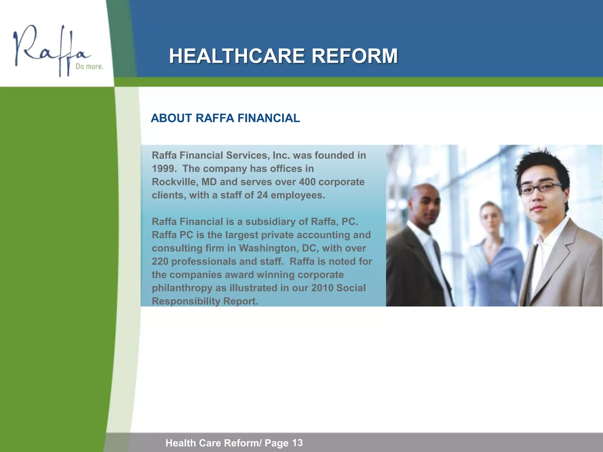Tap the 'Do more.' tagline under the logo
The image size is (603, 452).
click(x=90, y=67)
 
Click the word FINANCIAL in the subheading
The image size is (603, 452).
click(x=269, y=118)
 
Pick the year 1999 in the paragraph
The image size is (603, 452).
click(x=164, y=169)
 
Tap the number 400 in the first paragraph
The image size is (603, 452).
click(x=307, y=182)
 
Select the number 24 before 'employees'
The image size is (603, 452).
click(x=262, y=195)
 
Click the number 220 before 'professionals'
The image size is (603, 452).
click(x=160, y=261)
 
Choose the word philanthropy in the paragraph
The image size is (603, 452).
click(x=182, y=288)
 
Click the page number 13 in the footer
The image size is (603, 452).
click(x=297, y=443)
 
